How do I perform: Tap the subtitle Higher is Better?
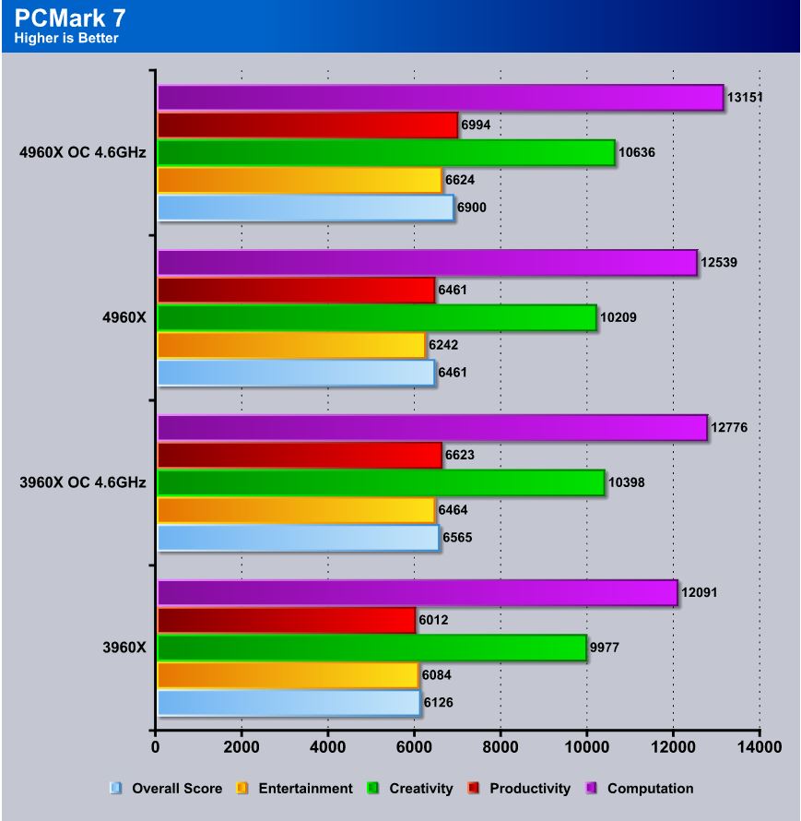tap(66, 38)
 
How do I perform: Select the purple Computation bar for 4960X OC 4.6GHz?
tap(440, 97)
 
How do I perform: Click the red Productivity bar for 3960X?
tap(286, 621)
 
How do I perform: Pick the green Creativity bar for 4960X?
tap(376, 317)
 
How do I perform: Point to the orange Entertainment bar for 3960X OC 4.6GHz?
tap(296, 509)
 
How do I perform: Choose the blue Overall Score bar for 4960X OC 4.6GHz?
tap(305, 208)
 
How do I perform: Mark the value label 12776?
tap(729, 427)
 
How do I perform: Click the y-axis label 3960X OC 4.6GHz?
tap(82, 482)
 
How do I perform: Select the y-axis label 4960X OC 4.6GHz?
tap(82, 152)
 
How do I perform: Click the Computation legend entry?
tap(650, 788)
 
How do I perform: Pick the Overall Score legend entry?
tap(176, 788)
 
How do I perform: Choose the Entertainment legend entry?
tap(304, 788)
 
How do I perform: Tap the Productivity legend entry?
tap(529, 788)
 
